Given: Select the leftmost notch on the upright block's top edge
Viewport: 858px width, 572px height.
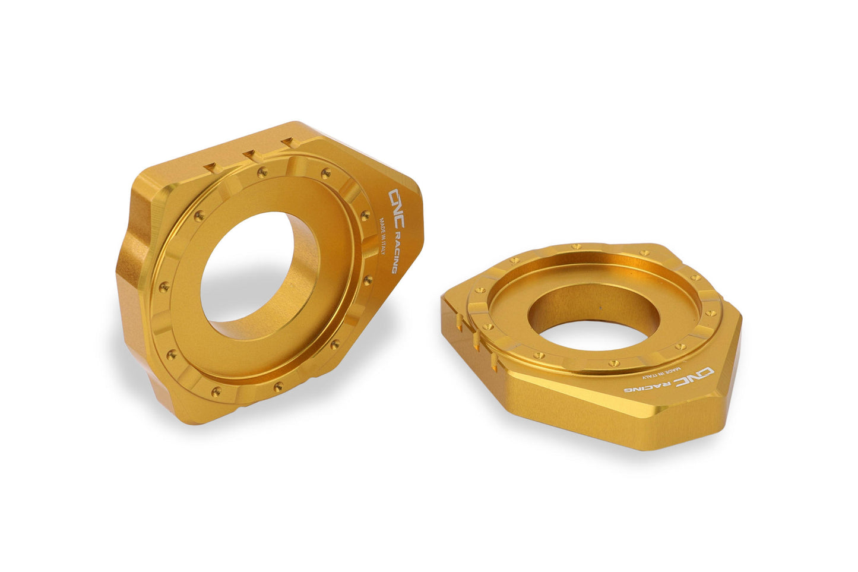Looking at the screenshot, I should click(211, 167).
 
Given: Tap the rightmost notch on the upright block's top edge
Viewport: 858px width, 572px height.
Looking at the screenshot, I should click(289, 143).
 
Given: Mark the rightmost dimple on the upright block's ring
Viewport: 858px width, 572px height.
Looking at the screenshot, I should click(369, 279).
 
